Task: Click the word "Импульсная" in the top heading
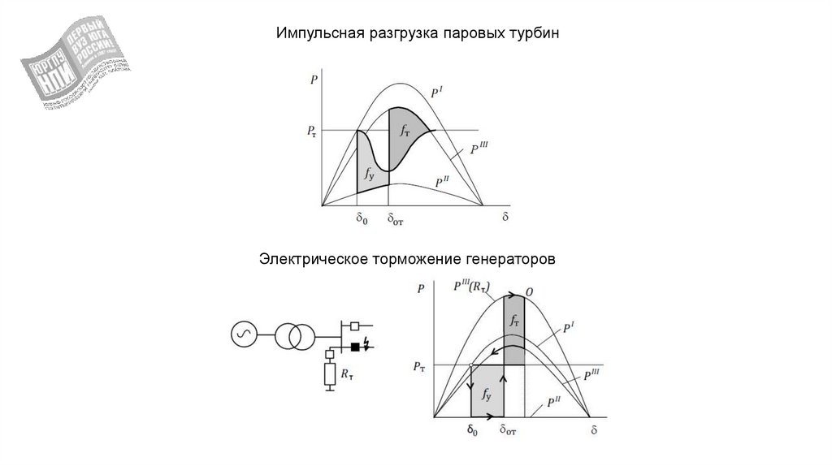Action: coord(313,35)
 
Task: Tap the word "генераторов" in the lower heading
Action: coord(509,261)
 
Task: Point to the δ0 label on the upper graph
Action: coord(362,218)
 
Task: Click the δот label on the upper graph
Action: coord(396,218)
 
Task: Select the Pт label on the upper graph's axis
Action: coord(313,131)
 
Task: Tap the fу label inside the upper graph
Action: coord(369,171)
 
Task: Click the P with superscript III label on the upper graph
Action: coord(479,148)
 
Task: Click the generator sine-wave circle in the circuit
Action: coord(243,334)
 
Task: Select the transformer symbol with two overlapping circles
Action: coord(294,334)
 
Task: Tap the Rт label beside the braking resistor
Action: coord(347,374)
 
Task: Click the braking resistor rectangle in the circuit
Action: coord(330,374)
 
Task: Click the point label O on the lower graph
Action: coord(529,291)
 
